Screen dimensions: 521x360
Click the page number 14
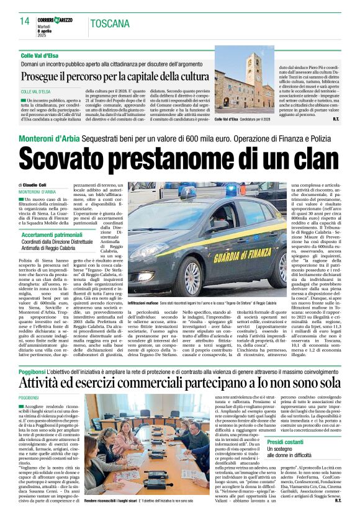24,21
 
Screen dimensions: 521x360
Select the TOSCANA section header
110,24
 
